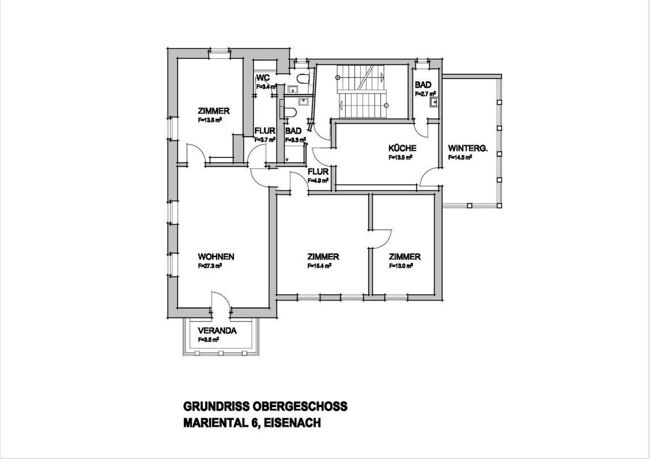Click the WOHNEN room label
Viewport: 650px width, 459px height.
coord(216,257)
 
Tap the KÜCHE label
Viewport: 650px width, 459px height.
coord(402,148)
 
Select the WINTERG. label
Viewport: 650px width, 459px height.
coord(468,148)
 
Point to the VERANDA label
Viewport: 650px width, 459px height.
coord(217,331)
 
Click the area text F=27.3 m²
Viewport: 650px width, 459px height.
coord(210,266)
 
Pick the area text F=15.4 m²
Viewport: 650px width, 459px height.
coord(319,266)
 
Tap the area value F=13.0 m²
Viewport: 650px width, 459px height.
coord(401,266)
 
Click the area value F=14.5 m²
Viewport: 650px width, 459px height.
coord(460,157)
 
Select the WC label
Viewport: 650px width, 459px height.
coord(263,78)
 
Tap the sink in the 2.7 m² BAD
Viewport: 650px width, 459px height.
coord(434,102)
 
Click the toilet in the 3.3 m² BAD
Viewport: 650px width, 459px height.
coord(289,113)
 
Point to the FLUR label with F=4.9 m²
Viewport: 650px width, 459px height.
coord(318,172)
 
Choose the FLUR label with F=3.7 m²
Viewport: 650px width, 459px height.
coord(265,131)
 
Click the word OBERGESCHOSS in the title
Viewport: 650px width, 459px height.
coord(300,406)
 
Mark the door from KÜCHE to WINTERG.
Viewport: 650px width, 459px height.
coord(430,177)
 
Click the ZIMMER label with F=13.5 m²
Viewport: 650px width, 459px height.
coord(214,111)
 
